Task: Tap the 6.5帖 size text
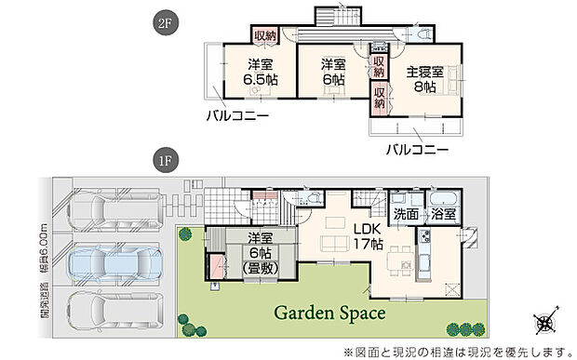click(x=259, y=80)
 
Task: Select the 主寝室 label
click(x=424, y=72)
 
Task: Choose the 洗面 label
click(x=405, y=213)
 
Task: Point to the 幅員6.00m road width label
click(x=45, y=239)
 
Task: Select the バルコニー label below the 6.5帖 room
click(x=238, y=117)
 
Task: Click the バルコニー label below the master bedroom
click(x=417, y=149)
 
